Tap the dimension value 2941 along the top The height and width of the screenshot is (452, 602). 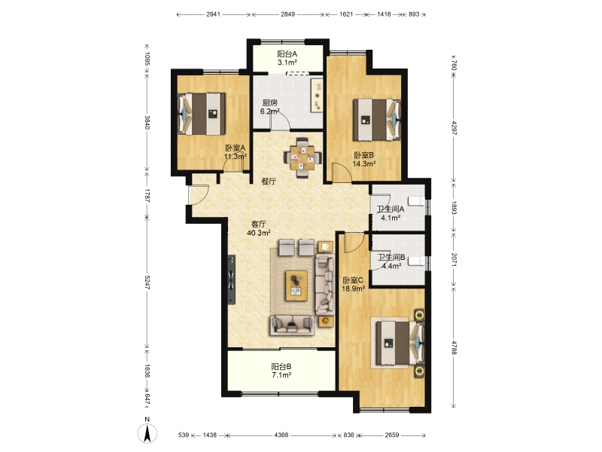[214, 14]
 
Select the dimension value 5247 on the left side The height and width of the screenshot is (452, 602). [147, 284]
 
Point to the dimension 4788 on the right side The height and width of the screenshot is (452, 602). [455, 347]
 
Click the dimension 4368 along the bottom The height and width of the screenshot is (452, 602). [281, 435]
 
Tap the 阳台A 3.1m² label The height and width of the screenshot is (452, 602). [287, 58]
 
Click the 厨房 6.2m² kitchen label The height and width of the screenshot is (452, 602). [269, 107]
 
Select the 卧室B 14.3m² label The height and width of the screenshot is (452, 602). [364, 159]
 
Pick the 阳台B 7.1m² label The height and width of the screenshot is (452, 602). [281, 371]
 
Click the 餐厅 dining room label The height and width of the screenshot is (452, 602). [269, 182]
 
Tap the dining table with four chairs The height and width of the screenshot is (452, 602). [303, 157]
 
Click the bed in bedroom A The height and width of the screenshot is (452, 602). [202, 114]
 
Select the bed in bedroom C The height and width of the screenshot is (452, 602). [400, 343]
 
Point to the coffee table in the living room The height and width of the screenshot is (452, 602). [296, 286]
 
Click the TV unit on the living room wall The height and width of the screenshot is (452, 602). [232, 279]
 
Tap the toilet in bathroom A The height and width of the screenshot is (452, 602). [417, 200]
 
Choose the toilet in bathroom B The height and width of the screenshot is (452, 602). [417, 261]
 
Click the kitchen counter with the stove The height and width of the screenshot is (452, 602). [317, 96]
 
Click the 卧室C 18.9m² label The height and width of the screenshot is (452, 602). [353, 285]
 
